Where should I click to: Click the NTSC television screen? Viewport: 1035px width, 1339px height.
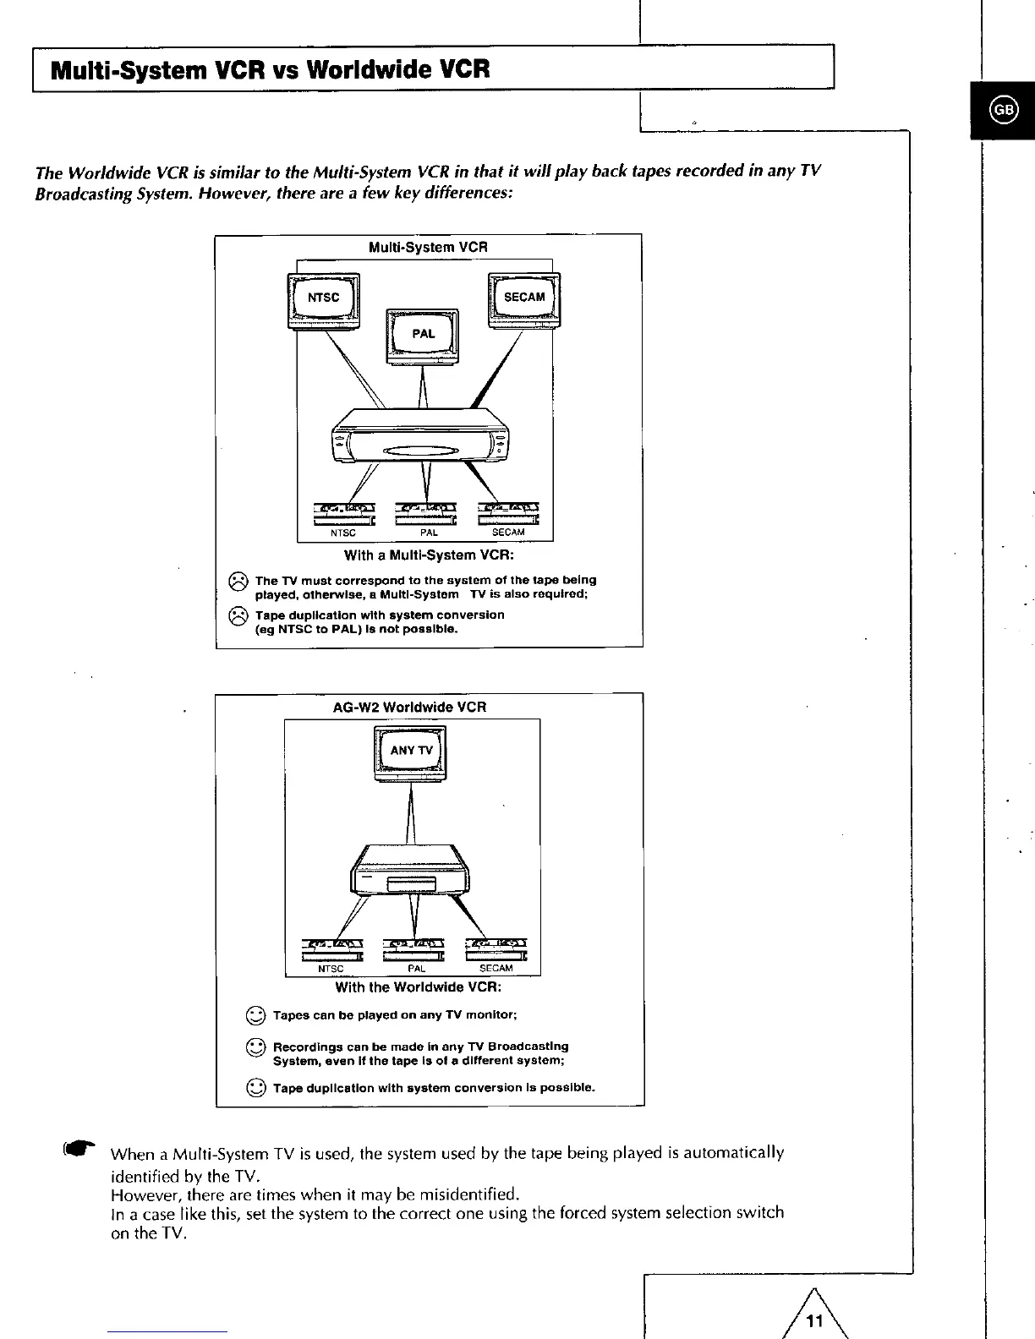tap(323, 298)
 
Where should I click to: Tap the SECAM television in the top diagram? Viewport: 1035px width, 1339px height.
tap(524, 298)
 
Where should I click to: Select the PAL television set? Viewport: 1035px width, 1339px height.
tap(423, 335)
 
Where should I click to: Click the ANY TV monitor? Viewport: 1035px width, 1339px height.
tap(411, 751)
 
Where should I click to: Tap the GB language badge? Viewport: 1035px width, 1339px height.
tap(1003, 110)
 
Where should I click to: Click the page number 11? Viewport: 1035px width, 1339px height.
tap(814, 1321)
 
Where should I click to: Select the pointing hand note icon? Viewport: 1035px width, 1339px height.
tap(79, 1150)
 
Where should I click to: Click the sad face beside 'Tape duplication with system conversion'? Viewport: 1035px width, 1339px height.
tap(238, 615)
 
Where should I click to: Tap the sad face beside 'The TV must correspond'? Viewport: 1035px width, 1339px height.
tap(238, 581)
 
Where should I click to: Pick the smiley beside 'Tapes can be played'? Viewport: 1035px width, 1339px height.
tap(256, 1016)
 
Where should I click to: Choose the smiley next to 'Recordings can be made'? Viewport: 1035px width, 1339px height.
tap(256, 1049)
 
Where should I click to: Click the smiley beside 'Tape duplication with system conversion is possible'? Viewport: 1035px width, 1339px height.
tap(256, 1088)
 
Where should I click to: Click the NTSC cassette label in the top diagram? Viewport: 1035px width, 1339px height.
tap(342, 533)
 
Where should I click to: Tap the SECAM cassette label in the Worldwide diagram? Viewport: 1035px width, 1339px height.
tap(496, 969)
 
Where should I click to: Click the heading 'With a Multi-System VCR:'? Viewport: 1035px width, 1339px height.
tap(428, 556)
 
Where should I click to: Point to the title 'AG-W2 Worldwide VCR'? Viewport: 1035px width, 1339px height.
tap(409, 707)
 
